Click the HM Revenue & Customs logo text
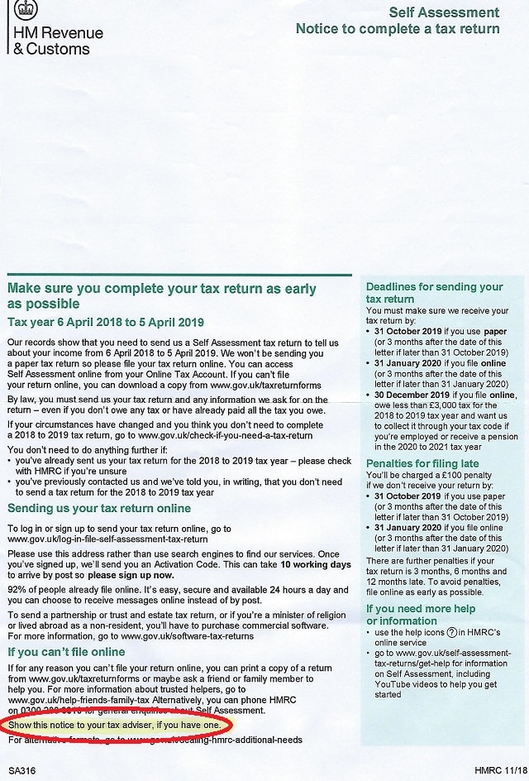56,41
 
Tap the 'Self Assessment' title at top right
444,12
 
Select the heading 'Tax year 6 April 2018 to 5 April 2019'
106,322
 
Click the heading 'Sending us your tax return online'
98,508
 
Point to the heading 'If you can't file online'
66,652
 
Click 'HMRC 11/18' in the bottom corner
498,771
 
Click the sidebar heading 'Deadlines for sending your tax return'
434,293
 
